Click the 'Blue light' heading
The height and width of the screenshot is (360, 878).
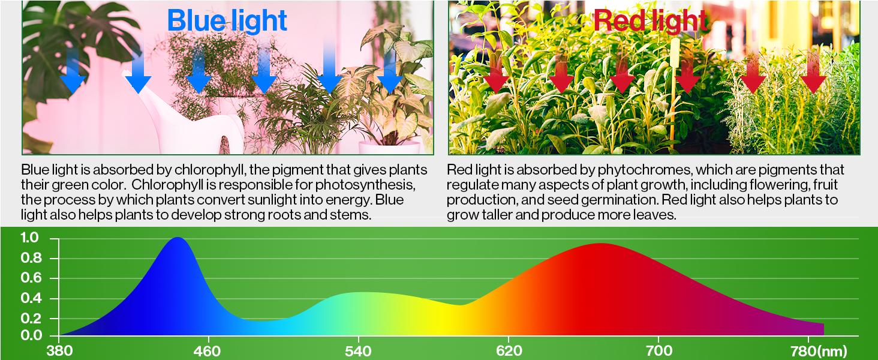pos(227,20)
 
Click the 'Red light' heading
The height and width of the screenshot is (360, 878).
pos(650,20)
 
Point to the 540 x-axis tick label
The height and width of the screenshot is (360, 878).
pos(358,350)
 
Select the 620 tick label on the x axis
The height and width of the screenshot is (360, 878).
pos(509,350)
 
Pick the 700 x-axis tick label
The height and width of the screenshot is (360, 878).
pos(659,350)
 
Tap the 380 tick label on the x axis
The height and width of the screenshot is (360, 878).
pos(58,350)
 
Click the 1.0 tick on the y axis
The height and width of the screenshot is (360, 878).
pos(30,238)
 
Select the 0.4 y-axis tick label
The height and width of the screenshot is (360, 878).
pos(30,298)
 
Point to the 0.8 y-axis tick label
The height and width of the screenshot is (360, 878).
pos(30,259)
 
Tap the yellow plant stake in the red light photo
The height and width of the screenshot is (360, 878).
pos(675,90)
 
